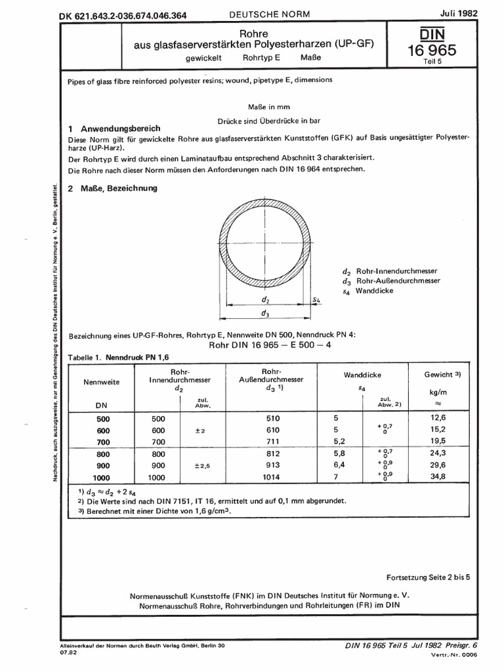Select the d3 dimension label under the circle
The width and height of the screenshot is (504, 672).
pyautogui.click(x=264, y=314)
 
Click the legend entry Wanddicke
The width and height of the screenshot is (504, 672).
pyautogui.click(x=375, y=290)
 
